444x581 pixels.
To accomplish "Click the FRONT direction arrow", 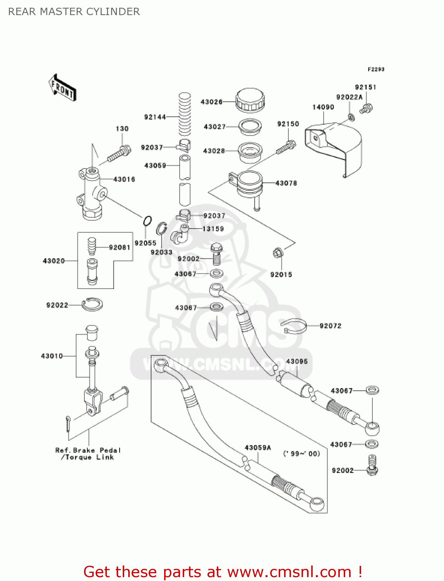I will tap(62, 88).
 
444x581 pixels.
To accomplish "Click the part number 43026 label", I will tap(211, 102).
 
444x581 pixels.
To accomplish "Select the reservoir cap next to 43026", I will tap(250, 100).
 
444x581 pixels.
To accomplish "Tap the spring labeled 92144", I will tap(185, 114).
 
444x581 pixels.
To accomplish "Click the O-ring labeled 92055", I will tap(147, 221).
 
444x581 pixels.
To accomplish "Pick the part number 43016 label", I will tap(124, 179).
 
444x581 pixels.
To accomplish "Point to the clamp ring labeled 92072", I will tap(295, 326).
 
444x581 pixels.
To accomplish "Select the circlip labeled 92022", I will tap(92, 304).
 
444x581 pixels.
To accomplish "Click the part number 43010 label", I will tap(52, 356).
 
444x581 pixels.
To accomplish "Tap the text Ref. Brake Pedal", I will tap(88, 450).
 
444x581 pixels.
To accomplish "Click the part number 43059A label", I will tap(258, 448).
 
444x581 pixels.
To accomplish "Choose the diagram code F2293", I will tap(376, 69).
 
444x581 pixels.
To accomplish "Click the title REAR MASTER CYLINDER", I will tap(74, 12).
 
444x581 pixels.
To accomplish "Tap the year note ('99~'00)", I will tap(302, 454).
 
